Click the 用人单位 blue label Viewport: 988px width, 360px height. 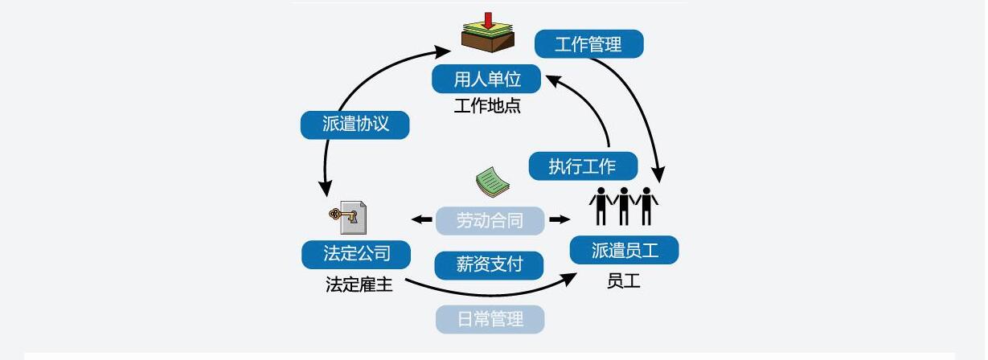(x=487, y=80)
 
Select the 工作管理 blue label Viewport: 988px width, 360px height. (x=588, y=44)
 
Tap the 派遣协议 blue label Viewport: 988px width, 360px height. (x=355, y=125)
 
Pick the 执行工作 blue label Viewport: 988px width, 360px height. (x=583, y=166)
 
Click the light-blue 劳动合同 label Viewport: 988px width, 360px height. (x=490, y=220)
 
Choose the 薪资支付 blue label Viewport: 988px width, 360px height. (x=490, y=264)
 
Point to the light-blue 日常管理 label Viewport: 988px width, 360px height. (x=490, y=319)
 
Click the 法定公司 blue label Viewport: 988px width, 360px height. (x=356, y=254)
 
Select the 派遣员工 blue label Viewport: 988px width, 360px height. (x=624, y=250)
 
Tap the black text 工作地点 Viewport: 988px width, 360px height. (x=487, y=106)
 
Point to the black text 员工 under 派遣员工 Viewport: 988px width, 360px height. (x=624, y=280)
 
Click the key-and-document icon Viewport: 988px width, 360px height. (x=348, y=216)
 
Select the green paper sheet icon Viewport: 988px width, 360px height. (x=492, y=182)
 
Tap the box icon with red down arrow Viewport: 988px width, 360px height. (x=487, y=35)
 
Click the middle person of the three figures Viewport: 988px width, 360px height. (x=623, y=206)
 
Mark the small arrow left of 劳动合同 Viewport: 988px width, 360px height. (x=421, y=219)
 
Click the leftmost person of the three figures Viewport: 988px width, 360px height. (x=601, y=206)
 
